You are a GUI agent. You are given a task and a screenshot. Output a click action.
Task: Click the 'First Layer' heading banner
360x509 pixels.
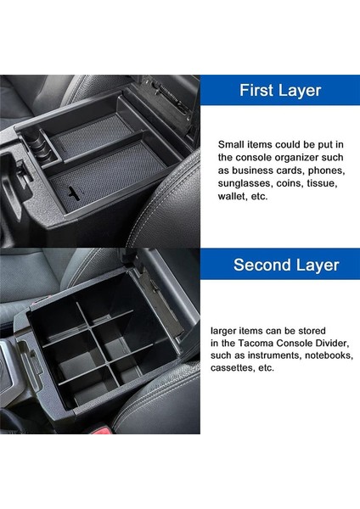pyautogui.click(x=281, y=89)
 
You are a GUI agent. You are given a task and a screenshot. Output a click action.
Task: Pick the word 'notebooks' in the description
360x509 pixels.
pyautogui.click(x=323, y=355)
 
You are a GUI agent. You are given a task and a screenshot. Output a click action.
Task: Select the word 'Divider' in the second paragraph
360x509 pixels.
pyautogui.click(x=333, y=342)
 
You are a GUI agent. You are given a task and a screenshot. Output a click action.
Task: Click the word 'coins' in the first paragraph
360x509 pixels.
pyautogui.click(x=296, y=182)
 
